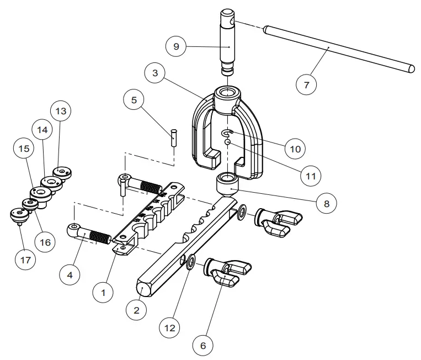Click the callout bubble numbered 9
coord(176,47)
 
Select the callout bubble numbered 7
coord(307,85)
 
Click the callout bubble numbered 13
coord(61,112)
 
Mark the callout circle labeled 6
coord(202,346)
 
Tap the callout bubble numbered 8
coord(326,203)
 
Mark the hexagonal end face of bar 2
coord(143,288)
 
